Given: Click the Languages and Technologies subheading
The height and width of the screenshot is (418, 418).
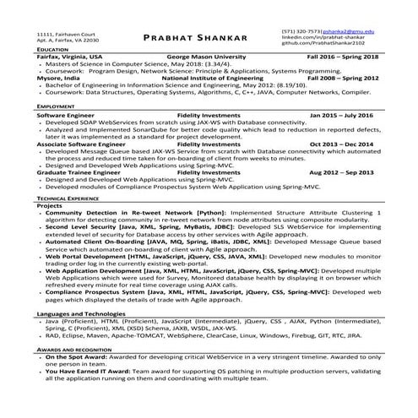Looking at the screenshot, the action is (x=89, y=290).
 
